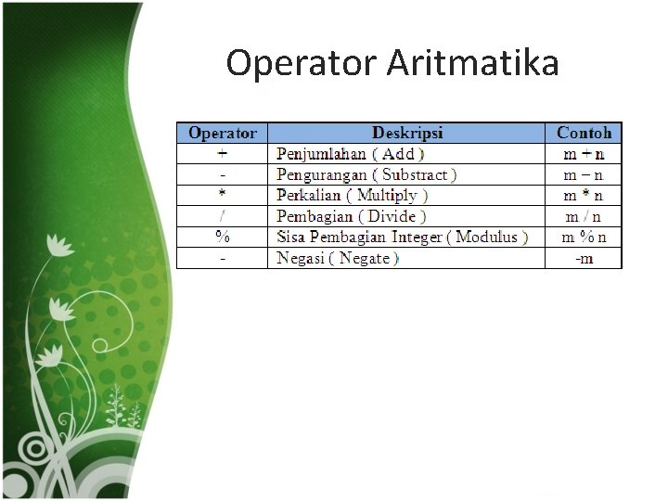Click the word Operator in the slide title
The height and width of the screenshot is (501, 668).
pos(301,64)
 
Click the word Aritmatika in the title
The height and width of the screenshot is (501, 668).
pos(472,64)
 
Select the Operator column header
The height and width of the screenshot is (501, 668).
pos(223,133)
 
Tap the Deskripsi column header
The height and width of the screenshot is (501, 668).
pos(407,133)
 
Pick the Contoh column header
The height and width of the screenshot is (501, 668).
pos(584,133)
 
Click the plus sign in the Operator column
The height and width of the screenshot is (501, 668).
pos(223,153)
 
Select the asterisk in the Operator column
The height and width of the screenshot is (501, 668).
pos(223,195)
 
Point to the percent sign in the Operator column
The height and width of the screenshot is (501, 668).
pos(223,237)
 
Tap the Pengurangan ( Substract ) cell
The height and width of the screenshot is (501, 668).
pos(366,174)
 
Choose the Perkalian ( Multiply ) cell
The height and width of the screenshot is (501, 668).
pos(353,195)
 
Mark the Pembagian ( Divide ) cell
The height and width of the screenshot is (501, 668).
pos(352,216)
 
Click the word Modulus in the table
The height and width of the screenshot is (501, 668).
pos(486,237)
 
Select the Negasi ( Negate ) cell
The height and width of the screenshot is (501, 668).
pos(338,258)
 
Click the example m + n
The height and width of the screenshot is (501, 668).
pos(584,154)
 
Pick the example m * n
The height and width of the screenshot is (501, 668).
pos(584,195)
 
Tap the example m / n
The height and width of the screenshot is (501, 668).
pos(584,216)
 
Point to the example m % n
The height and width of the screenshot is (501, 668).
pos(584,237)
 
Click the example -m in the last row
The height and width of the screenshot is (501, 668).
pos(584,258)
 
